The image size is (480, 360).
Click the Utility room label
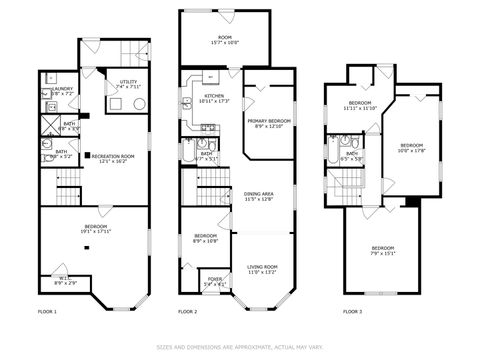(129, 84)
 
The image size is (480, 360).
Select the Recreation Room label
(113, 158)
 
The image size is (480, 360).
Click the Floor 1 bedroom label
(97, 229)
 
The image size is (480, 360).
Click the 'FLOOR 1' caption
(47, 311)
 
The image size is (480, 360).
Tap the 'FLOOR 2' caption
(188, 311)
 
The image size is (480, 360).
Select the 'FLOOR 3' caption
(352, 311)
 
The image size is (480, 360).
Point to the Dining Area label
(259, 196)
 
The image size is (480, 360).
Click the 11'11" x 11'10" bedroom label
(360, 105)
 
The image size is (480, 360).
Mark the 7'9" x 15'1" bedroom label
(383, 250)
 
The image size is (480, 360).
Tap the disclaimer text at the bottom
(239, 347)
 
